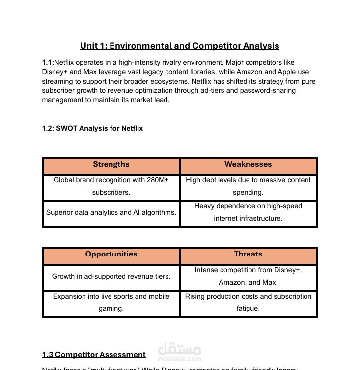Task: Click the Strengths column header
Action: click(x=111, y=165)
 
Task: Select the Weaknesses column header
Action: click(x=248, y=165)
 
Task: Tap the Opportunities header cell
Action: click(x=111, y=255)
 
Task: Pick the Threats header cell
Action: click(x=248, y=255)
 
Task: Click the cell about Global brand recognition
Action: click(x=111, y=186)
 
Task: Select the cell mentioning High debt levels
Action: click(x=248, y=186)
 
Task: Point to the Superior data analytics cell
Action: click(x=111, y=213)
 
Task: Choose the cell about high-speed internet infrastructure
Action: click(x=248, y=212)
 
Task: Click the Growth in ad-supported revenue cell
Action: click(x=111, y=276)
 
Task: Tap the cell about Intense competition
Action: click(x=248, y=276)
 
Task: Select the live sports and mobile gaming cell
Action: click(x=111, y=303)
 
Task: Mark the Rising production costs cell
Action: click(x=248, y=303)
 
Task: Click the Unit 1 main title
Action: click(x=179, y=46)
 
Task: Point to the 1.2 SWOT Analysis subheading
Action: click(x=92, y=128)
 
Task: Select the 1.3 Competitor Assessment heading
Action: click(x=94, y=354)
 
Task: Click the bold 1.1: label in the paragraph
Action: click(x=48, y=62)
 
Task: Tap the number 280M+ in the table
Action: click(x=157, y=180)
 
